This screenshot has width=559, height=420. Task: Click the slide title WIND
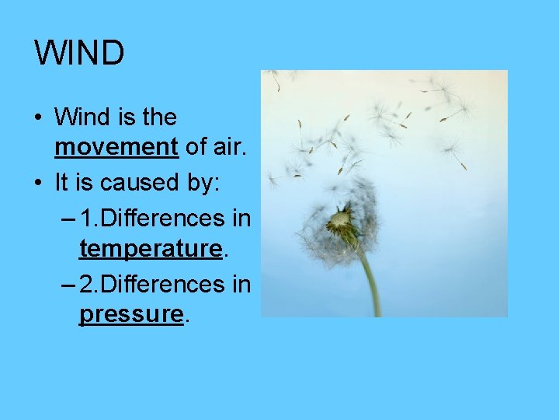[x=79, y=54]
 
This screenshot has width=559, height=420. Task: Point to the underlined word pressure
[x=130, y=313]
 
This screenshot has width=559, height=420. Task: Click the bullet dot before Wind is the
[x=38, y=118]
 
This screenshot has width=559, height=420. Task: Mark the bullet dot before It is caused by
[x=38, y=184]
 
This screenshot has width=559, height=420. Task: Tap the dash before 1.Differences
[x=68, y=218]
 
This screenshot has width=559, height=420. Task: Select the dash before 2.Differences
[x=68, y=284]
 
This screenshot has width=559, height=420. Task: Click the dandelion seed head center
[x=339, y=223]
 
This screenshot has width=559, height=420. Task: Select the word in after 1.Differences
[x=241, y=218]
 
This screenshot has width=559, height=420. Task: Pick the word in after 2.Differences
[x=241, y=284]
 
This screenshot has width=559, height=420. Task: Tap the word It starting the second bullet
[x=62, y=183]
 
